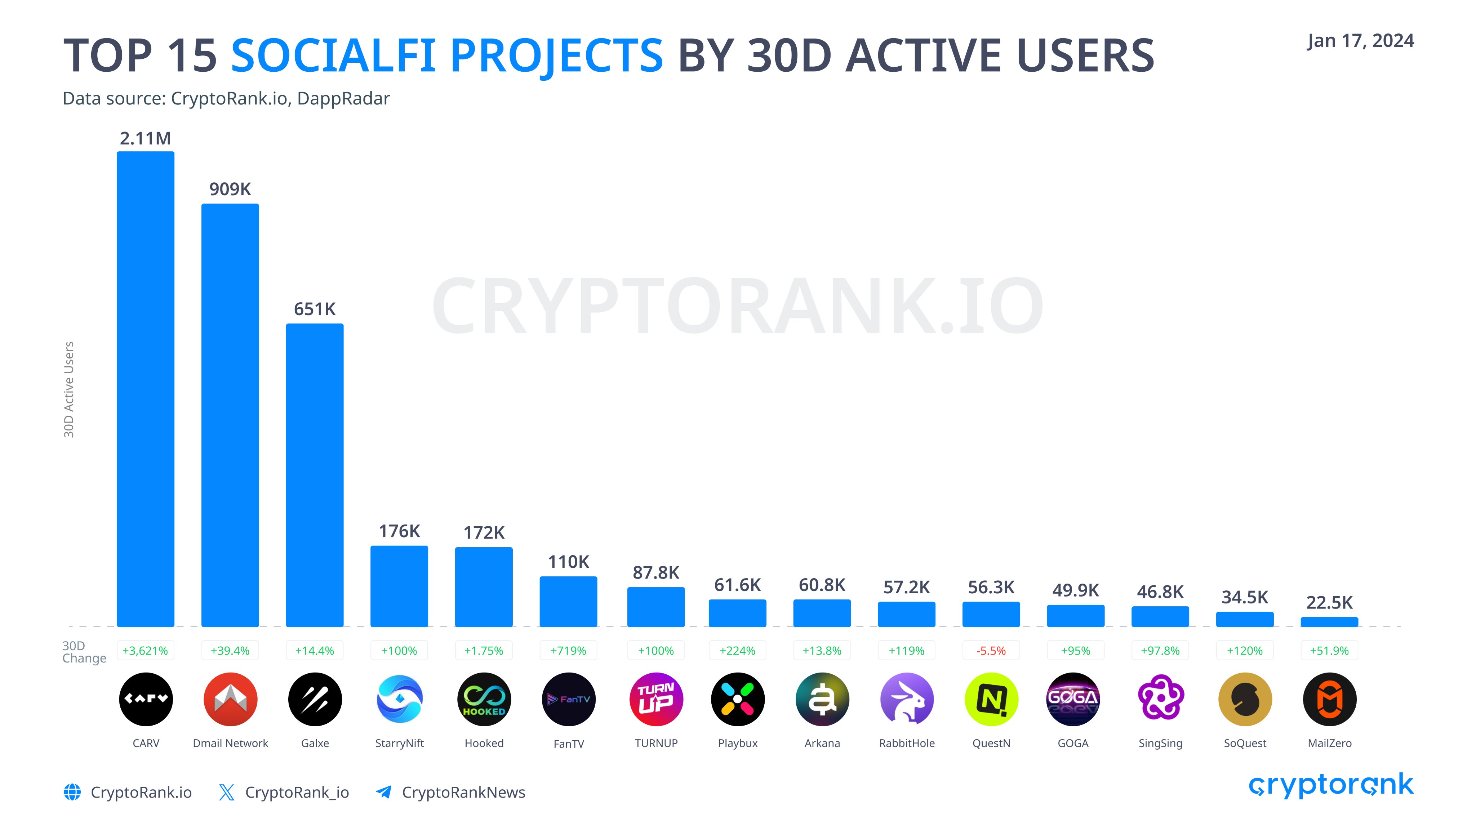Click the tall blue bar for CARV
(146, 389)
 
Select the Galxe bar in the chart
(315, 476)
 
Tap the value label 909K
(230, 189)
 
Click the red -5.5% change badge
(991, 651)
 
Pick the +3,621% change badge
(146, 651)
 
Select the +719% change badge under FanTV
(568, 651)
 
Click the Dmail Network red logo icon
(230, 699)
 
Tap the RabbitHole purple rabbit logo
(906, 699)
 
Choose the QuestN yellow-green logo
(991, 699)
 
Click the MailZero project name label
(1329, 743)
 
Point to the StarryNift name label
(399, 743)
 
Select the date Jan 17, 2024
(1360, 41)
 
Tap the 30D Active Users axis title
(69, 389)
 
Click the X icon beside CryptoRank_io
(227, 792)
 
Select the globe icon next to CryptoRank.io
(72, 792)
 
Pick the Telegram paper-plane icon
(384, 792)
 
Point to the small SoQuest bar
(1245, 619)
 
